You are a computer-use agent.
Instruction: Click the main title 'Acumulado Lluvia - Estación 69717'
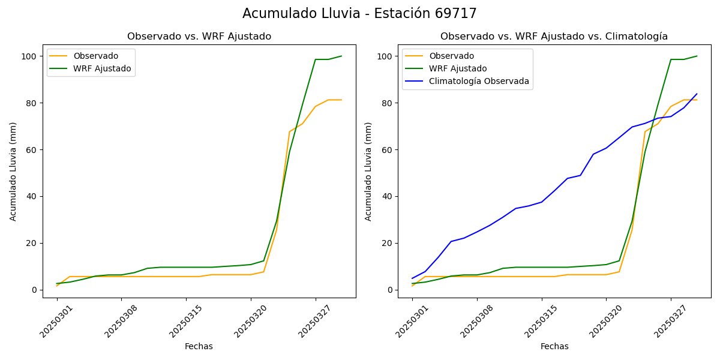(359, 14)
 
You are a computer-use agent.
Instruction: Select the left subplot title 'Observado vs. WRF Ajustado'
(199, 37)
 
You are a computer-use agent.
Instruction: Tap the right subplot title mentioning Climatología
(554, 37)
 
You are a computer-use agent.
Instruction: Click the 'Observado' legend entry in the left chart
(96, 56)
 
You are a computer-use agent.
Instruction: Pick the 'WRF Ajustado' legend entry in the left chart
(102, 68)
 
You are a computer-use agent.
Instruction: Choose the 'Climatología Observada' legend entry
(479, 81)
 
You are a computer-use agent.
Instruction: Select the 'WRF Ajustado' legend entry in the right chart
(458, 68)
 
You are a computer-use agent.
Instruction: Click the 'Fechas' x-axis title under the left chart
(199, 346)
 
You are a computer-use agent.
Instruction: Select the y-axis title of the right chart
(369, 171)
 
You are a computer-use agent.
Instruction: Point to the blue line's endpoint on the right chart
(697, 94)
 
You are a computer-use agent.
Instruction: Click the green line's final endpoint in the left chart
(341, 56)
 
